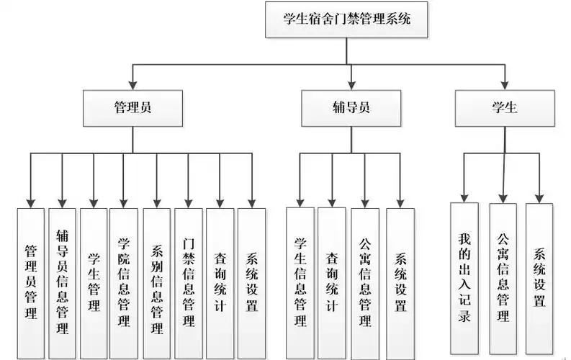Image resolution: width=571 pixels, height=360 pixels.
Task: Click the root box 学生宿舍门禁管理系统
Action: pos(348,20)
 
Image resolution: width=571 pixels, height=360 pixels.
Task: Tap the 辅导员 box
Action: pos(351,108)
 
